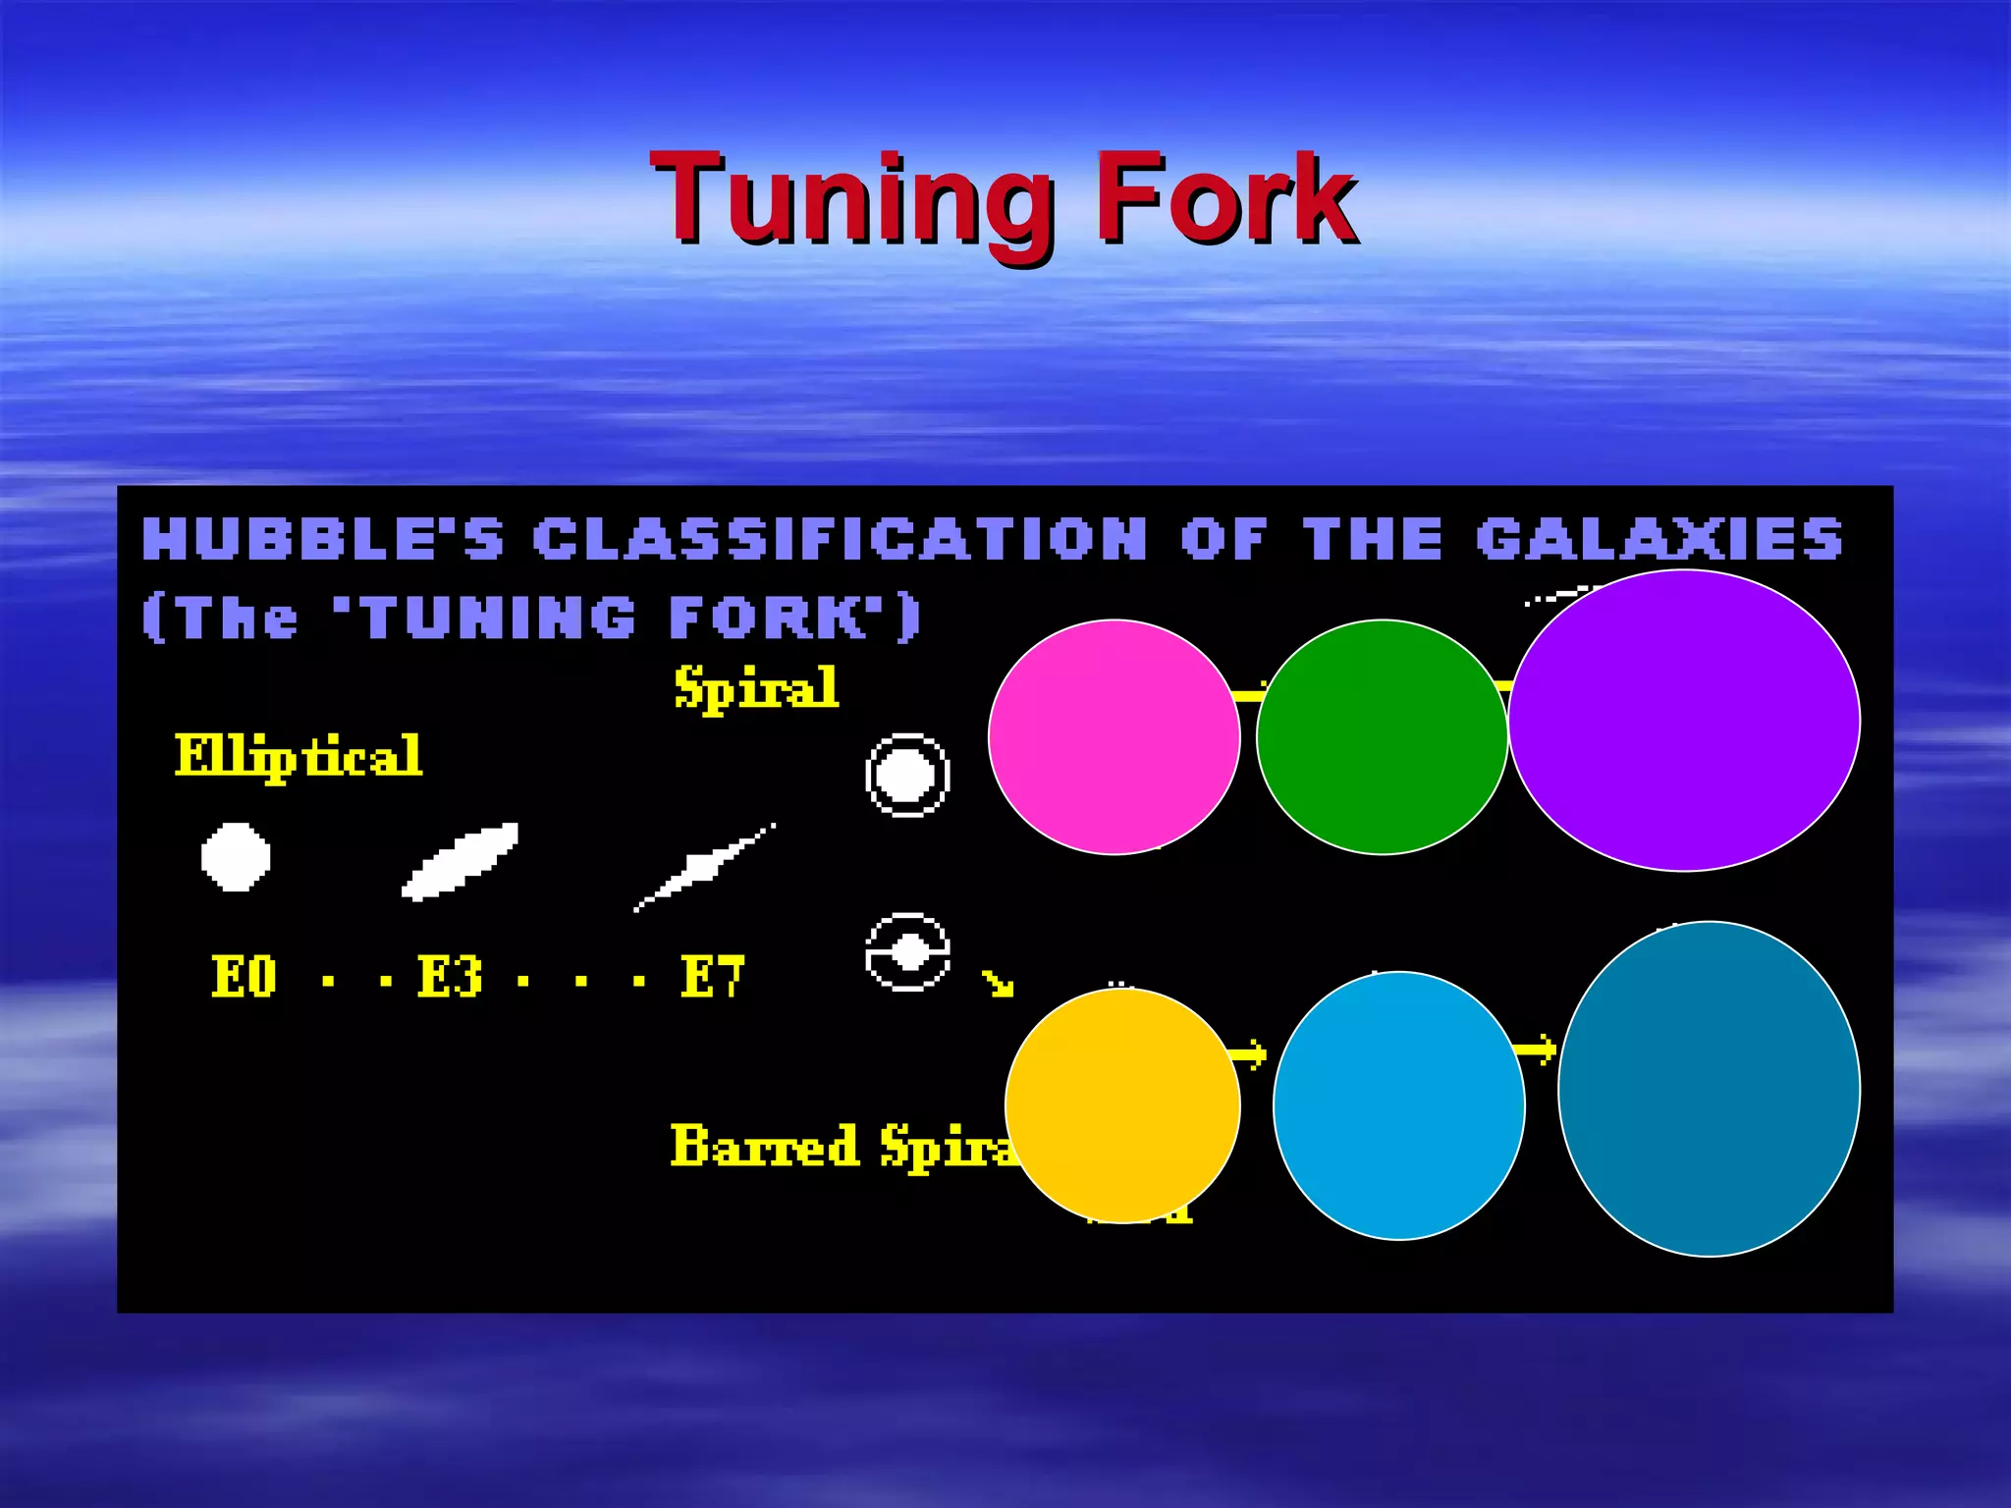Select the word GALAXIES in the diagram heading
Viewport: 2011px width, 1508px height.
[x=1659, y=539]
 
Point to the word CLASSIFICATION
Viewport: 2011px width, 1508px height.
[x=841, y=539]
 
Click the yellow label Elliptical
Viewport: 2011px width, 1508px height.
[x=299, y=756]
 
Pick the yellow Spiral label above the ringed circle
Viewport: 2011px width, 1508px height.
[x=756, y=687]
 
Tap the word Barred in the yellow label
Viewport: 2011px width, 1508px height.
[x=765, y=1146]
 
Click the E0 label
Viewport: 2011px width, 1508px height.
[x=244, y=977]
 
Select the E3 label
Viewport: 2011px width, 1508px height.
[x=450, y=977]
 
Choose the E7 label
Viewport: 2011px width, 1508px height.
[x=713, y=977]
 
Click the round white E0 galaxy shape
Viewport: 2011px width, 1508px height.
[x=236, y=857]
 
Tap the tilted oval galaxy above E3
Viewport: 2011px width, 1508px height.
[x=460, y=861]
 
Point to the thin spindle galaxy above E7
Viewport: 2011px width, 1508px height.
[x=704, y=868]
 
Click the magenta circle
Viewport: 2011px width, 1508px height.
[x=1114, y=736]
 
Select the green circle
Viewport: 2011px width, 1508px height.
[x=1382, y=736]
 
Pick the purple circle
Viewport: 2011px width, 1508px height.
[x=1684, y=720]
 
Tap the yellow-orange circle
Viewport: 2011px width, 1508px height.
[x=1122, y=1105]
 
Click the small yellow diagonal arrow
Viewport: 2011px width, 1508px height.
[x=998, y=983]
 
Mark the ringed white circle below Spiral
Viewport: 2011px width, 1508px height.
[x=907, y=775]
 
